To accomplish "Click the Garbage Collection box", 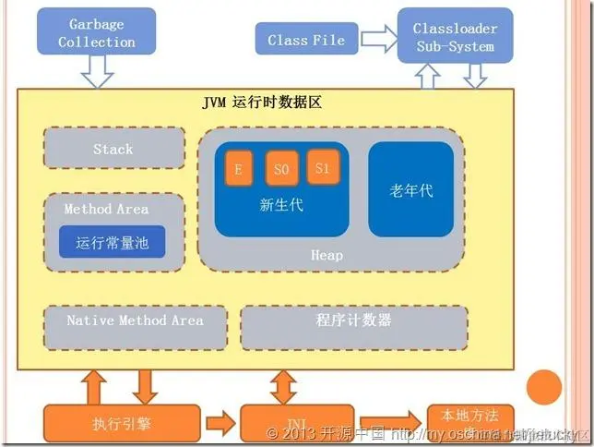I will [97, 32].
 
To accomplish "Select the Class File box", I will [305, 40].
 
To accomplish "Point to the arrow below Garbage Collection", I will [97, 69].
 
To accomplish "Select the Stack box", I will [113, 149].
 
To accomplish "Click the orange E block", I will [238, 169].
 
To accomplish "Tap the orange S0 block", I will [282, 169].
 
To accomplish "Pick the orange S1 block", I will [322, 167].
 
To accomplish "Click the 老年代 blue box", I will [411, 189].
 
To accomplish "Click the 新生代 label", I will [281, 205].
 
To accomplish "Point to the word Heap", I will [327, 255].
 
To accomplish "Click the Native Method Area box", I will [135, 320].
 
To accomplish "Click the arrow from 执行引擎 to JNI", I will [220, 424].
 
